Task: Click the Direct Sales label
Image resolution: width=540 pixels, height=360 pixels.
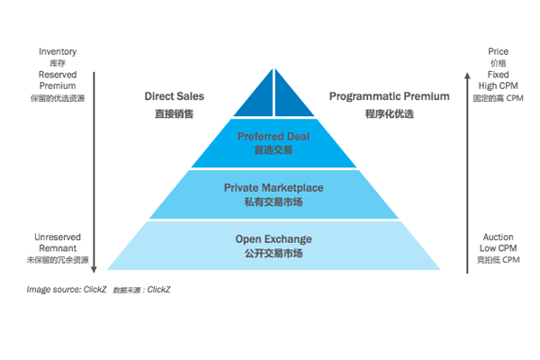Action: (174, 95)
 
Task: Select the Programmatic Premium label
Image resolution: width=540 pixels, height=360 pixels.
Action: (389, 95)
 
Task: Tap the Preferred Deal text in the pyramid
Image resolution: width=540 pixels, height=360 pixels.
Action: (274, 136)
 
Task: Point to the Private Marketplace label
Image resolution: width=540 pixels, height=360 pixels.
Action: (274, 187)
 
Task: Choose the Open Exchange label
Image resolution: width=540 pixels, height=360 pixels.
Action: (274, 239)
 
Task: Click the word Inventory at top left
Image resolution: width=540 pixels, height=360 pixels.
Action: (56, 52)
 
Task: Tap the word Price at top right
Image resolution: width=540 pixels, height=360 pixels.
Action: (498, 52)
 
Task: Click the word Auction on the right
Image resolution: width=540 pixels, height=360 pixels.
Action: (498, 238)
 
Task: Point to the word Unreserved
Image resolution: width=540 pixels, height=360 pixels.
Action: (57, 238)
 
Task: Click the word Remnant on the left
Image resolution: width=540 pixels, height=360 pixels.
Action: (57, 248)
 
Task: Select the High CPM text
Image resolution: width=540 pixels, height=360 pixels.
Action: (498, 85)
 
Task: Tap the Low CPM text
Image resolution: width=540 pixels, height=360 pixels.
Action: (498, 248)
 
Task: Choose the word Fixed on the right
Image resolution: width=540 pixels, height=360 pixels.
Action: (498, 75)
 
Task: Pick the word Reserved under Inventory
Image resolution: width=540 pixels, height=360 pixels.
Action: (57, 75)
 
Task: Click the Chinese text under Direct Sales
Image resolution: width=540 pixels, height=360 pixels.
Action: (174, 115)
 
